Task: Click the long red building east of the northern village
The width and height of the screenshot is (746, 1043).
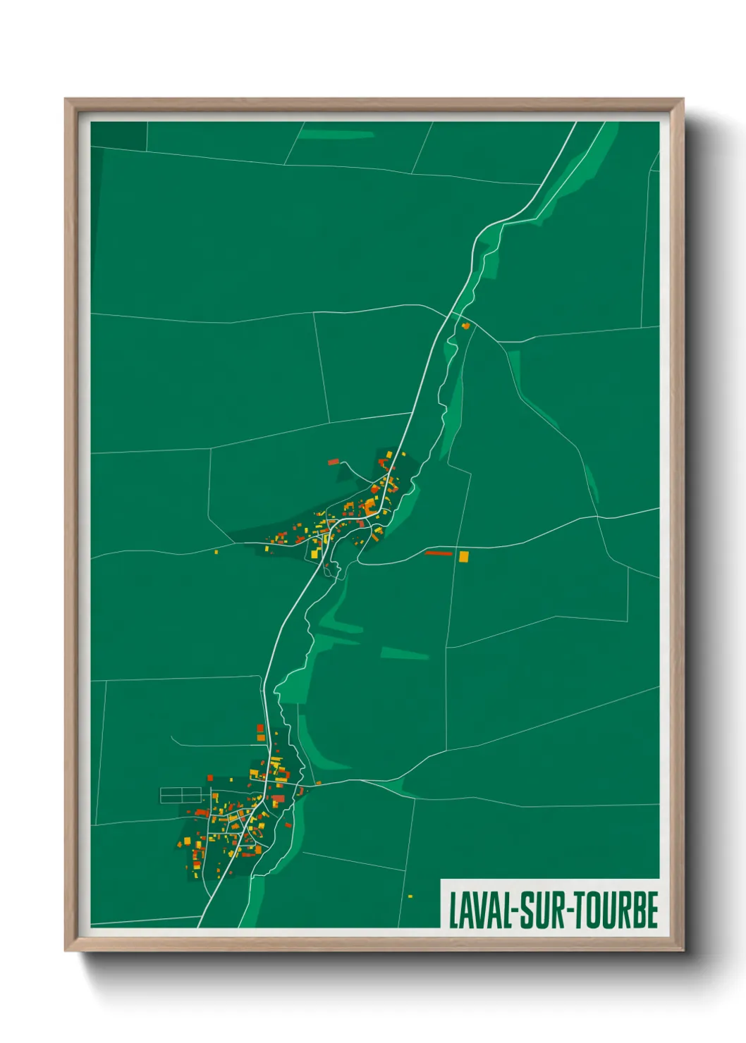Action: (x=439, y=553)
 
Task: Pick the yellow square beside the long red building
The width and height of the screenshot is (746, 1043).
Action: (x=463, y=556)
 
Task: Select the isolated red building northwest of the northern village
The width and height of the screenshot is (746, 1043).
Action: (x=334, y=462)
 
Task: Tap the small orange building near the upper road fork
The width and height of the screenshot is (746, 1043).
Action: (x=465, y=326)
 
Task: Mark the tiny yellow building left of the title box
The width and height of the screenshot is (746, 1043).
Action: (x=410, y=896)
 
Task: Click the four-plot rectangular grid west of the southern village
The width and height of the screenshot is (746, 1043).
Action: (x=183, y=796)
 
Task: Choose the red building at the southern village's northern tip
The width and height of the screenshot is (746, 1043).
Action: (x=260, y=728)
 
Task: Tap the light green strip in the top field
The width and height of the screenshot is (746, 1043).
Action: (x=346, y=134)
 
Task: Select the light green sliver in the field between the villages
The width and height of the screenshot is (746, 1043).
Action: (x=404, y=655)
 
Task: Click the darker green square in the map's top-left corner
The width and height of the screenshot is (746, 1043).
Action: (x=118, y=135)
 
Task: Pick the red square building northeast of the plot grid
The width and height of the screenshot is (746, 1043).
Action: (x=210, y=777)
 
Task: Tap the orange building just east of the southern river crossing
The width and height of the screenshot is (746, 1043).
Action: (x=319, y=782)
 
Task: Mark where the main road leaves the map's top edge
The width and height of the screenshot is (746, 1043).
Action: (x=575, y=123)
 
